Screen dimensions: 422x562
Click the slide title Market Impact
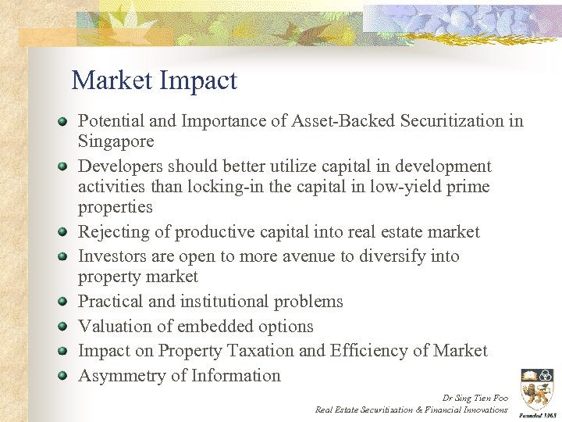click(154, 80)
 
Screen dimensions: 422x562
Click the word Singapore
click(116, 141)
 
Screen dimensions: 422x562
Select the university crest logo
click(535, 388)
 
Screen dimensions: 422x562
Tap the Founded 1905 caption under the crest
click(535, 415)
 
